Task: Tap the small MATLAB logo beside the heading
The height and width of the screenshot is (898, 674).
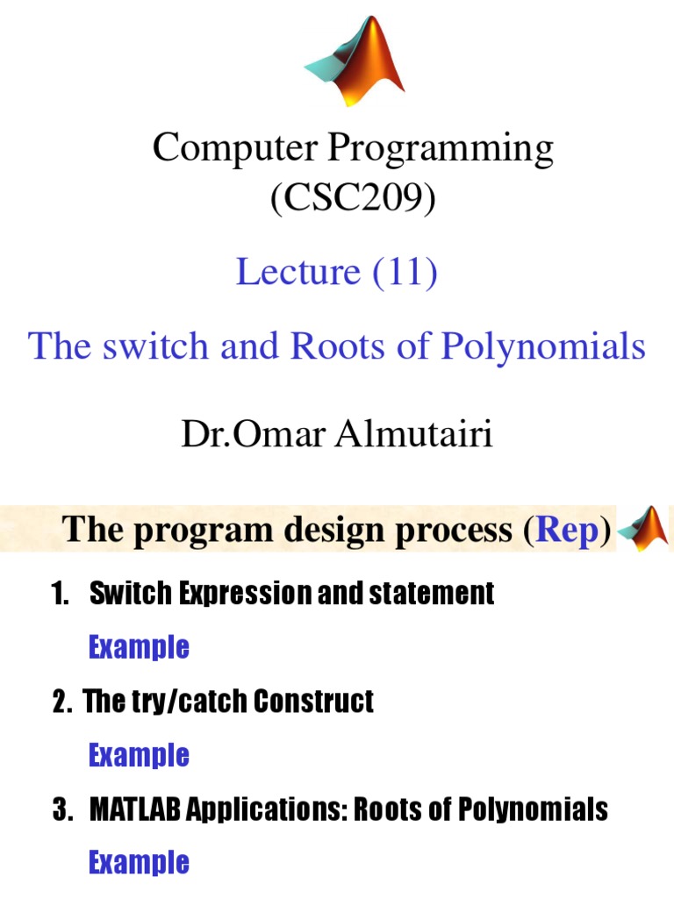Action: [646, 529]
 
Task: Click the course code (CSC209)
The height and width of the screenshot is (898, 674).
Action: [353, 199]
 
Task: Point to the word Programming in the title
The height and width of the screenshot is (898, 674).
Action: [441, 150]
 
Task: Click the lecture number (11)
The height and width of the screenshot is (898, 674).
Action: [405, 272]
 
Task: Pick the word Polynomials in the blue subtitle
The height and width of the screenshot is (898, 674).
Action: [542, 346]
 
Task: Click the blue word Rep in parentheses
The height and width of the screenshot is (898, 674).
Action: [567, 531]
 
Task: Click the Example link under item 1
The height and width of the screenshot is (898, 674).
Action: [139, 648]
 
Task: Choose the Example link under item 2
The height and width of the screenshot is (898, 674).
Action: [139, 755]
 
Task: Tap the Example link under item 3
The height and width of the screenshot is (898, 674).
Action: [139, 862]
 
